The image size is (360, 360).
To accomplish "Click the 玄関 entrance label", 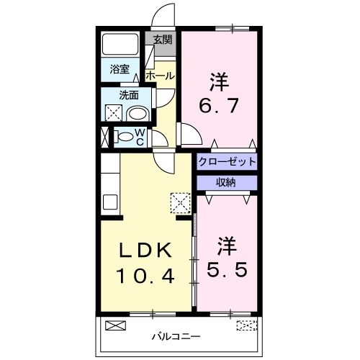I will [163, 39].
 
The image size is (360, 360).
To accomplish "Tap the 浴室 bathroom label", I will [120, 70].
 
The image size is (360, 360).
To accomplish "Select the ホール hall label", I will [159, 75].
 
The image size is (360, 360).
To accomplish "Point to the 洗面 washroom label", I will [130, 95].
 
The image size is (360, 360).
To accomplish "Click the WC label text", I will [140, 136].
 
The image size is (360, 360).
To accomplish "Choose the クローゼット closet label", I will [227, 161].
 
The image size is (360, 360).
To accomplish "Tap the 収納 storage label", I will [227, 183].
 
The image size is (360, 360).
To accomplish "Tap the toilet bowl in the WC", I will [124, 136].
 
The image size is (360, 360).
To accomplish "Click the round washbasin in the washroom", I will [137, 113].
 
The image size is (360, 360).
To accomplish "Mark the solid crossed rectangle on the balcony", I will [115, 325].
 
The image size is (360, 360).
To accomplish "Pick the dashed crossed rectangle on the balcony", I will [246, 325].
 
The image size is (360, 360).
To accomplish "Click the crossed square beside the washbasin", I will [113, 112].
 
